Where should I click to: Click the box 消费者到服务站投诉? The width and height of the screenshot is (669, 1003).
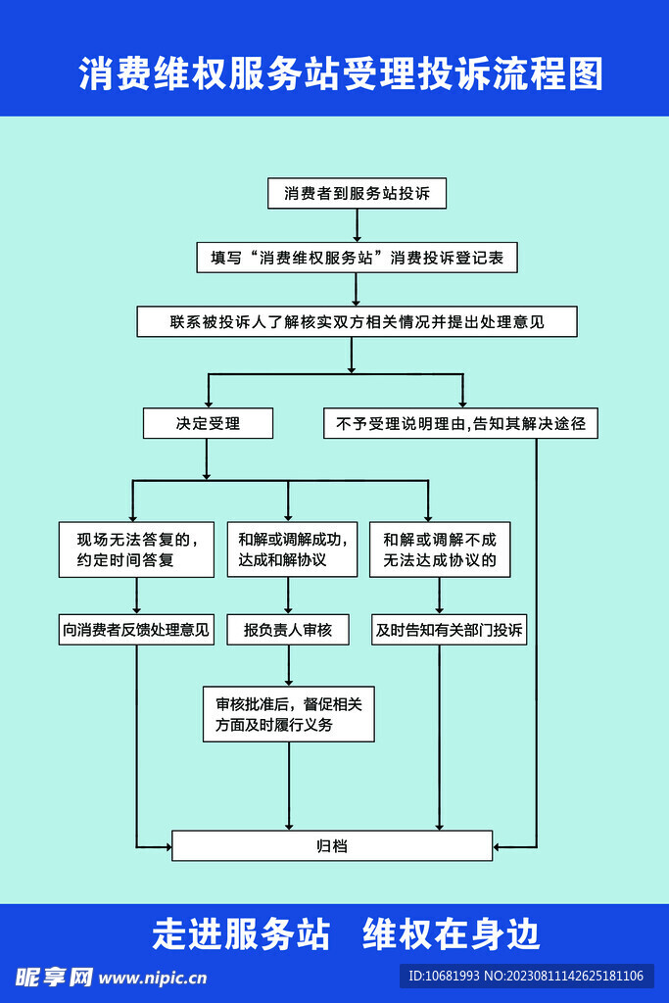click(357, 194)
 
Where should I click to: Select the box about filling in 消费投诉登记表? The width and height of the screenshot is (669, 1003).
click(357, 258)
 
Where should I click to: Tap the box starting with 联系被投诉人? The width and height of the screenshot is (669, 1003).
click(357, 321)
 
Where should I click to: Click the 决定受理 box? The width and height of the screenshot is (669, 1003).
click(208, 423)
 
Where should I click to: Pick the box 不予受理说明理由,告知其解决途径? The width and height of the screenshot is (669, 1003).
click(460, 423)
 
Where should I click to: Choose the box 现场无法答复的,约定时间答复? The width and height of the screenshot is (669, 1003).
click(136, 549)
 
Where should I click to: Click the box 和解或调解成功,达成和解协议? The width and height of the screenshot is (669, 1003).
click(288, 549)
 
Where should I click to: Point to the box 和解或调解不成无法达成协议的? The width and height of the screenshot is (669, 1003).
click(440, 549)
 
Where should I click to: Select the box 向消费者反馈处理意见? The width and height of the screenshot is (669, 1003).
click(136, 630)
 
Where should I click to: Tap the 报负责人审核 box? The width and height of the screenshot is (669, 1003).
click(288, 630)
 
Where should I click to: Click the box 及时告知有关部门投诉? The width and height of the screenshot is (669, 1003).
click(450, 630)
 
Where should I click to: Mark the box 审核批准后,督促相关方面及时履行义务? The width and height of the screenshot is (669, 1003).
click(288, 714)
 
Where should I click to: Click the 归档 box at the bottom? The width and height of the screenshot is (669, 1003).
click(332, 845)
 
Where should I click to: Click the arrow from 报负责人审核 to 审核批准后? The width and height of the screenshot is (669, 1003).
click(288, 665)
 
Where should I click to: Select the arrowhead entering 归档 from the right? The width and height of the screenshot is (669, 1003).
click(500, 844)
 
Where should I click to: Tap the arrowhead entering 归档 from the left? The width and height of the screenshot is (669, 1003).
click(166, 844)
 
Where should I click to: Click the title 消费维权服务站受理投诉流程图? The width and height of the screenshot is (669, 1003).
click(341, 74)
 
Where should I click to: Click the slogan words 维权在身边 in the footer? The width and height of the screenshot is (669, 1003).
click(452, 933)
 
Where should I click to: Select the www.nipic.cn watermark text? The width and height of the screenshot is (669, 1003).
click(153, 977)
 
